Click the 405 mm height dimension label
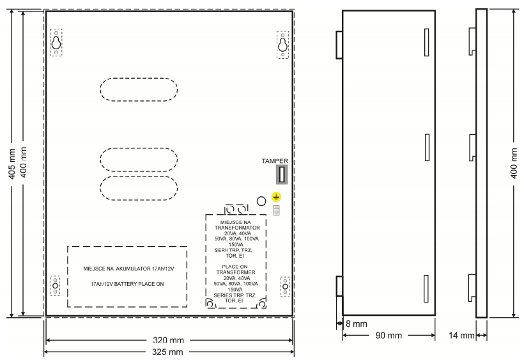point(12,164)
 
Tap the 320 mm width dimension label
point(169,340)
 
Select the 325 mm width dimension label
point(167,352)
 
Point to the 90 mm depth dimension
point(389,335)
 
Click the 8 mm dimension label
point(356,324)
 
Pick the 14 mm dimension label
point(461,335)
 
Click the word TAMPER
point(275,161)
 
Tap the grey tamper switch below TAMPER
point(282,174)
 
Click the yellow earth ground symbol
point(276,197)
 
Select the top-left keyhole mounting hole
point(56,42)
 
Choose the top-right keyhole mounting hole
point(282,45)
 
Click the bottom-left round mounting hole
point(55,286)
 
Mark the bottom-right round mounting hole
point(285,287)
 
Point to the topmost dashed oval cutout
point(139,90)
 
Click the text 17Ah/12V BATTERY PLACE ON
point(127,284)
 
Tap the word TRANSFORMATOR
point(237,228)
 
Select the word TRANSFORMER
point(236,272)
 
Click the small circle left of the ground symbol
point(261,201)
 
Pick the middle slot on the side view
point(427,148)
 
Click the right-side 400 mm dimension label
point(514,164)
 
